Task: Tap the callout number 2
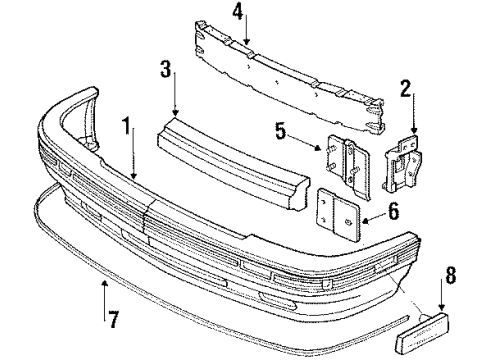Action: [x=407, y=91]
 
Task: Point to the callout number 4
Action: [x=237, y=14]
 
